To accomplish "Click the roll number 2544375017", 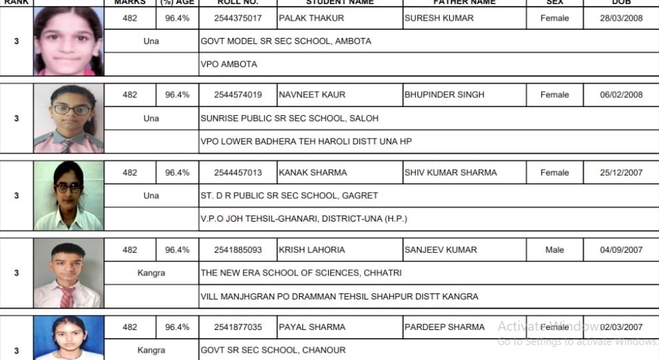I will tap(238, 18).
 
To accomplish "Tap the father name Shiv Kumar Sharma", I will tap(451, 172).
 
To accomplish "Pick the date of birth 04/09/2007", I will tap(621, 250).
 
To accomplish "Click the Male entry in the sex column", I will tap(554, 250).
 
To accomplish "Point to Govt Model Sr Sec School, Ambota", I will tap(286, 41).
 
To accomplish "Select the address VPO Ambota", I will tap(229, 65).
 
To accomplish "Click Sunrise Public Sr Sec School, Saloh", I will tap(290, 118).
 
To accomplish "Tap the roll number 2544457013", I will tap(238, 172).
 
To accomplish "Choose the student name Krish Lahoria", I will tap(312, 250).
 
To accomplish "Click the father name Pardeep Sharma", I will tap(445, 327).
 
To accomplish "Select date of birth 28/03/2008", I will tap(621, 18).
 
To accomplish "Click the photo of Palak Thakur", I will tap(69, 41).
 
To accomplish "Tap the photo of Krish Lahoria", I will tap(69, 273).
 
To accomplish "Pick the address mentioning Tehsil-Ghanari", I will tap(304, 218).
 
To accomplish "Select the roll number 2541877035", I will tap(238, 327).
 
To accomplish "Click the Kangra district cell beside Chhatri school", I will tap(151, 273).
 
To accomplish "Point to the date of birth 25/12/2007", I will tap(621, 172).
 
